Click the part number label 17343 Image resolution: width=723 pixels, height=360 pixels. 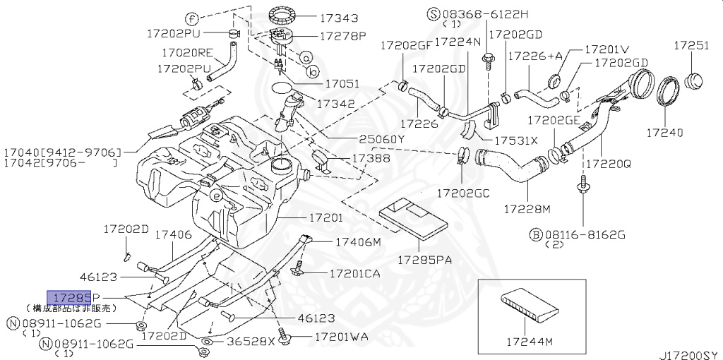[x=338, y=18]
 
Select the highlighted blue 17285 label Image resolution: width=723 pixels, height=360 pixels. [x=68, y=297]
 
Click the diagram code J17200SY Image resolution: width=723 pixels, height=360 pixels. [x=690, y=352]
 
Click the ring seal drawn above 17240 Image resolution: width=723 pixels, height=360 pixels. [x=668, y=92]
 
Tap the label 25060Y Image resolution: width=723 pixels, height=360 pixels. [x=381, y=139]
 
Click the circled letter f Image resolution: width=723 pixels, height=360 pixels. [x=192, y=18]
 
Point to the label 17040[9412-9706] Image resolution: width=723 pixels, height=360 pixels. [x=62, y=152]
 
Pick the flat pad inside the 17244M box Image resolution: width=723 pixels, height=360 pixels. [x=528, y=306]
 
